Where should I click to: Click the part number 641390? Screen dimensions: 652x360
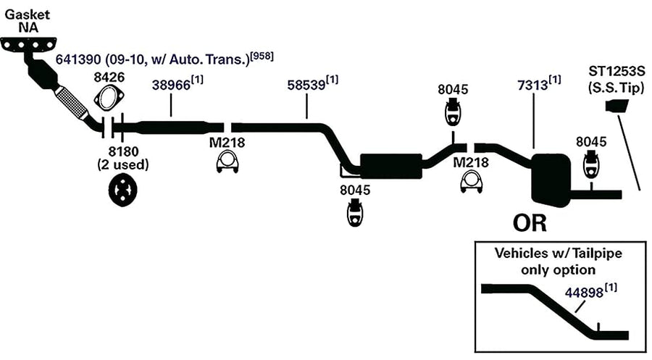click(78, 59)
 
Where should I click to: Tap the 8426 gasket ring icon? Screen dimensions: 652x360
click(109, 98)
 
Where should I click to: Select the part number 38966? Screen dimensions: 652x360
click(171, 85)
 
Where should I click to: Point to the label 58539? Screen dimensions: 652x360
click(306, 85)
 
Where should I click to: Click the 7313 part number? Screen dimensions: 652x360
click(532, 85)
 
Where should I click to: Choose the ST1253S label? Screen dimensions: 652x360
click(617, 71)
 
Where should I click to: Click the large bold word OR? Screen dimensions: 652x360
click(530, 223)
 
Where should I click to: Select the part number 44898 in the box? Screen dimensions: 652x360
click(584, 293)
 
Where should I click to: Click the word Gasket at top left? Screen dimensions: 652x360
click(27, 14)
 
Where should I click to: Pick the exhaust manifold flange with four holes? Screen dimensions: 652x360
click(28, 44)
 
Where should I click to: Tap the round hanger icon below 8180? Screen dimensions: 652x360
click(122, 190)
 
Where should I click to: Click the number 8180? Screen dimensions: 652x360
click(122, 151)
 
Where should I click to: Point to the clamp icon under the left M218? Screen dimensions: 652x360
click(227, 162)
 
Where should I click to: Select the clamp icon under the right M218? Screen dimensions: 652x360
click(471, 182)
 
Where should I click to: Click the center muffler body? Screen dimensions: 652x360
click(391, 166)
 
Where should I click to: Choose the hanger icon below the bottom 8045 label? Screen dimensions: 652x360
click(355, 212)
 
